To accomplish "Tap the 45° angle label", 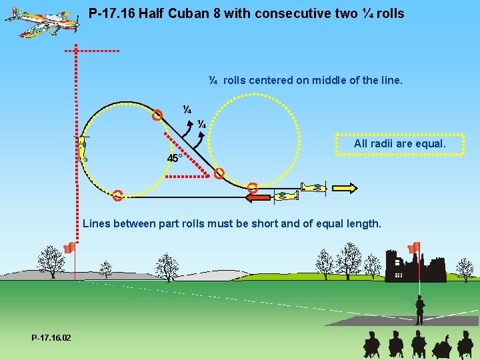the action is point(175,159).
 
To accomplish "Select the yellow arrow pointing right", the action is point(345,188).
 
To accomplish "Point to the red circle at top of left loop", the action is point(157,115).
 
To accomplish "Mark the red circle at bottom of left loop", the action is point(117,195).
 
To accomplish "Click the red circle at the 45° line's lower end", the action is point(219,174).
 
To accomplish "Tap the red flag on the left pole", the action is point(68,248).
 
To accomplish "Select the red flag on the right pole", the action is point(414,247).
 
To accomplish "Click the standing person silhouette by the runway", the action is point(419,310).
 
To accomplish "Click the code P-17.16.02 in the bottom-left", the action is point(51,338).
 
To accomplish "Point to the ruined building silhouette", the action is point(415,267).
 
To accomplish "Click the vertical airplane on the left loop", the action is point(83,149).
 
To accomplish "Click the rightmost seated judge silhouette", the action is point(465,345).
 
